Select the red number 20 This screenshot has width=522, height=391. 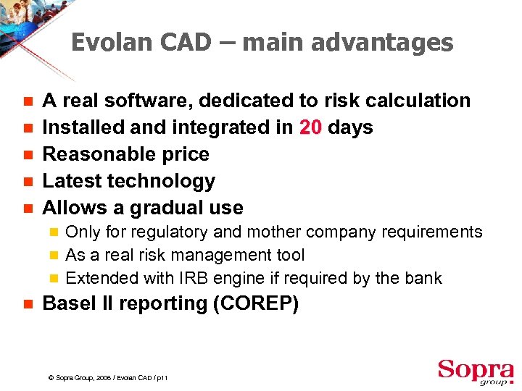click(310, 127)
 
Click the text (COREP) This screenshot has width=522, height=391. click(256, 304)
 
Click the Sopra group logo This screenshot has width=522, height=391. click(475, 370)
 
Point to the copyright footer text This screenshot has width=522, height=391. click(106, 379)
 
